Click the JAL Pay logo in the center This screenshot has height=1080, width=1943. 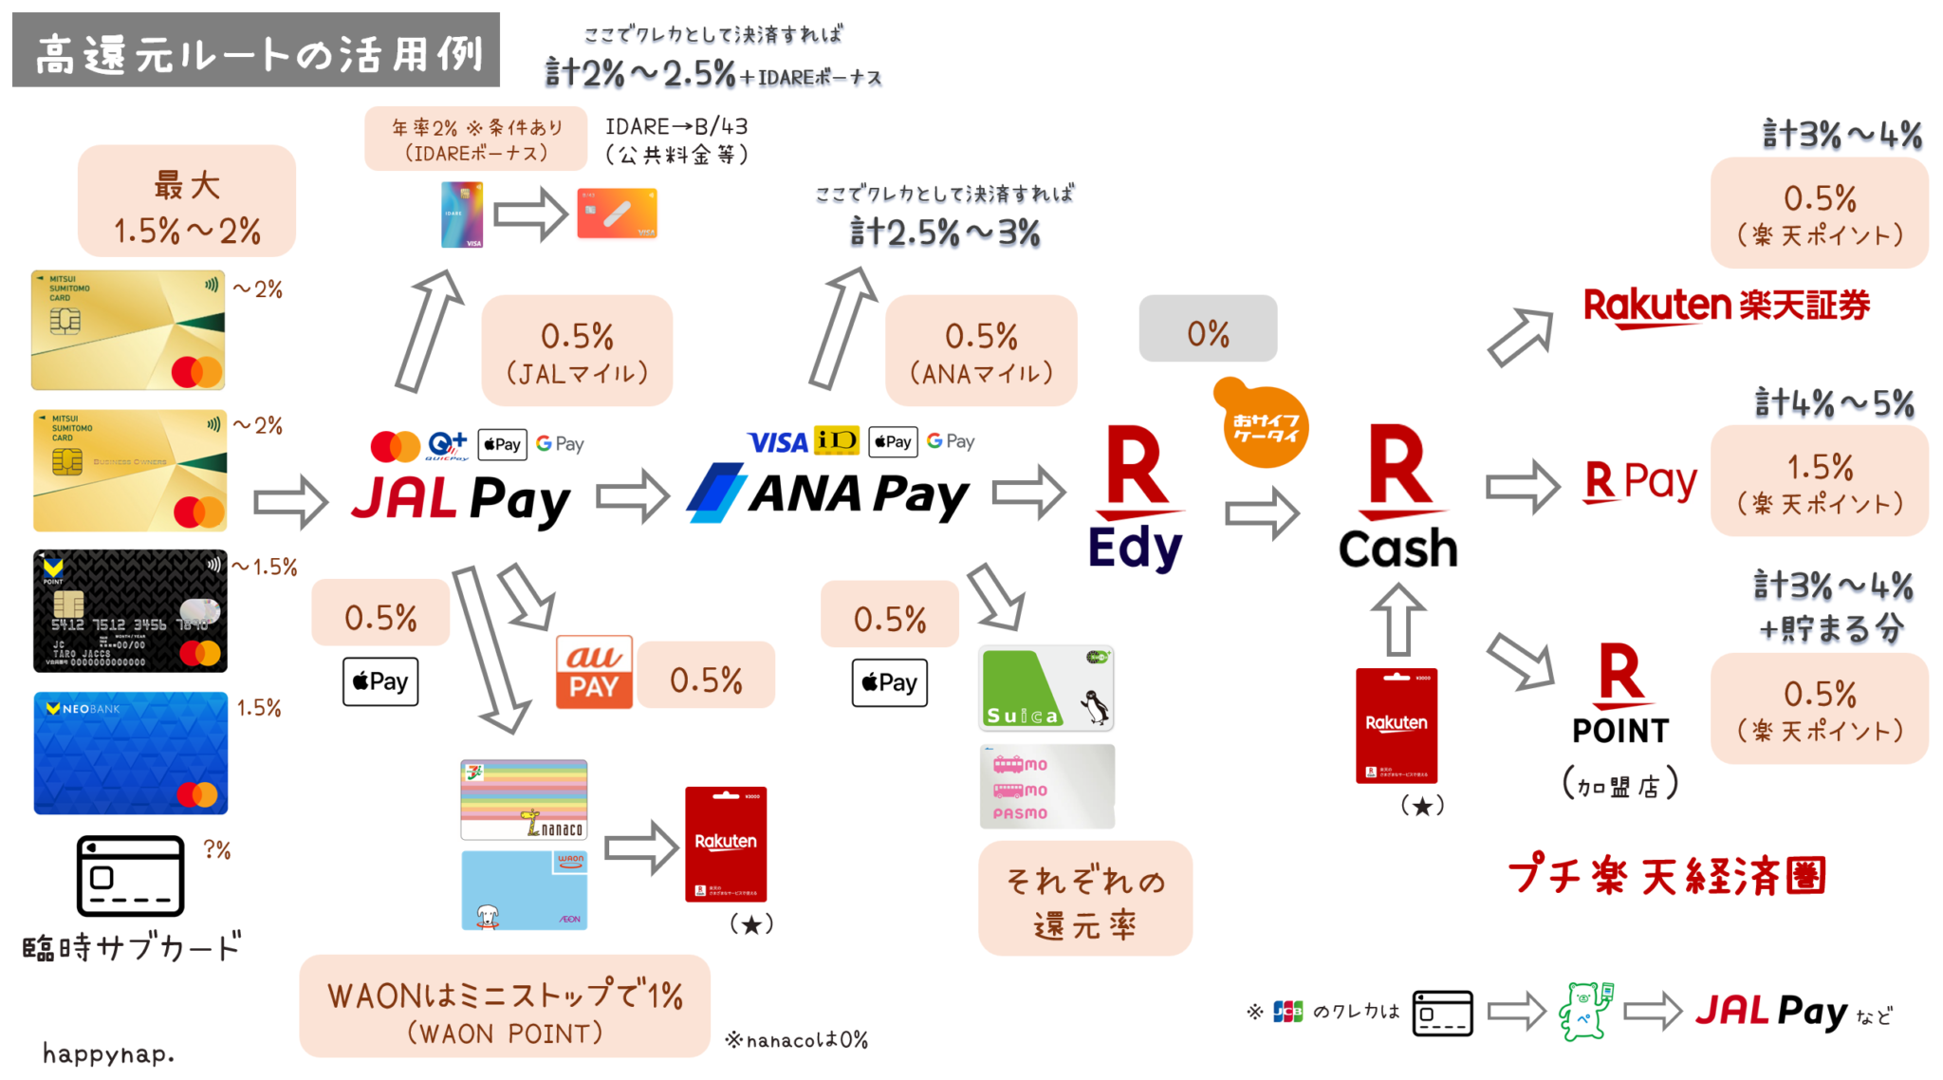pos(461,499)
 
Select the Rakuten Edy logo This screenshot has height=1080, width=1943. pos(1136,499)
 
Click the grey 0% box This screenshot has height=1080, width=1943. pos(1208,329)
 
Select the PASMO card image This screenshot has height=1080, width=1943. pos(1046,787)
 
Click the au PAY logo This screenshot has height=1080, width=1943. pos(594,672)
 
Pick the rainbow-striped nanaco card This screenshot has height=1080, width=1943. pos(524,799)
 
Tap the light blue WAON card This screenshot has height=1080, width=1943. pos(524,890)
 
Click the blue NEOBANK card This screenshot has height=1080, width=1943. pos(131,753)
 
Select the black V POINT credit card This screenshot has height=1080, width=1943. pos(131,610)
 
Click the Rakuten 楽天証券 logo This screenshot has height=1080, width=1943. pos(1726,307)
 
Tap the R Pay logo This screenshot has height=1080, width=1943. pos(1640,481)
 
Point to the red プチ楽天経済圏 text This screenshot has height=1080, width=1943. pos(1666,875)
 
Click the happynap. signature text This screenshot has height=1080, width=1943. pos(108,1053)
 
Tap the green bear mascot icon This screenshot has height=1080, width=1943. pos(1584,1012)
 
